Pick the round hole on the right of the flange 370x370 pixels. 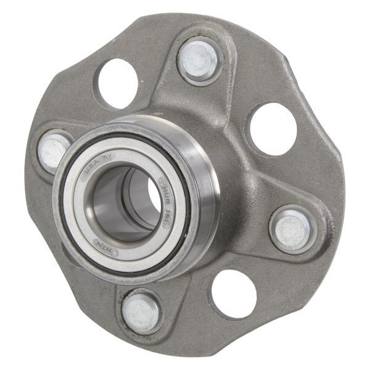pyautogui.click(x=272, y=128)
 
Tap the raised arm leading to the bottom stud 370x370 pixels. pyautogui.click(x=154, y=284)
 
